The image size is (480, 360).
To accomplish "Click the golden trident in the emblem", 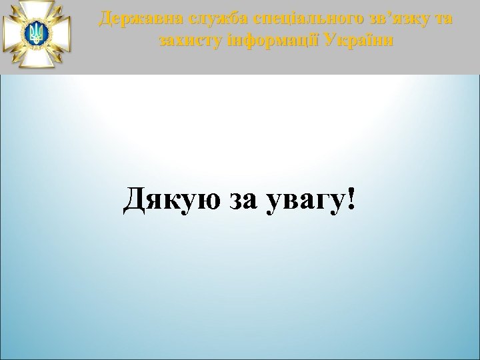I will coord(37,33).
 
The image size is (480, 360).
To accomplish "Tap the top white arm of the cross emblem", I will coord(37,8).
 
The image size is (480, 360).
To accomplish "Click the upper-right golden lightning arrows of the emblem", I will coord(55,14).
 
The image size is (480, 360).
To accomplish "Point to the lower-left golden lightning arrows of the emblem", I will coord(18,52).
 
